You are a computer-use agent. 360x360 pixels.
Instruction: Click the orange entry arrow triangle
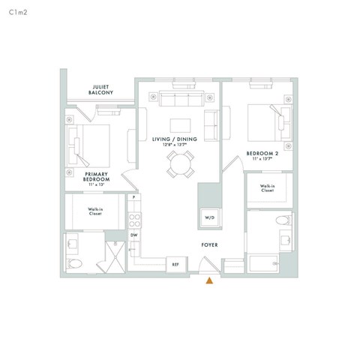tap(211, 281)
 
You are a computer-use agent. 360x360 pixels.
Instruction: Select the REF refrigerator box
tap(175, 264)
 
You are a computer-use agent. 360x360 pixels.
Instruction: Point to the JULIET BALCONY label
tap(100, 90)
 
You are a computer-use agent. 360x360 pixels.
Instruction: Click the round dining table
tap(180, 163)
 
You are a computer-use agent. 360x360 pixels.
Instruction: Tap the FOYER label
tap(209, 245)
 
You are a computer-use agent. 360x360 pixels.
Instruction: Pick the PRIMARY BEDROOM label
tap(97, 177)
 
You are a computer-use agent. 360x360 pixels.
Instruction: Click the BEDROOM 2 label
tap(262, 155)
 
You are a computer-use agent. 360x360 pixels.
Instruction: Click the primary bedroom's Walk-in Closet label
tap(94, 211)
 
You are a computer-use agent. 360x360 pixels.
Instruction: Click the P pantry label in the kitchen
tap(133, 197)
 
